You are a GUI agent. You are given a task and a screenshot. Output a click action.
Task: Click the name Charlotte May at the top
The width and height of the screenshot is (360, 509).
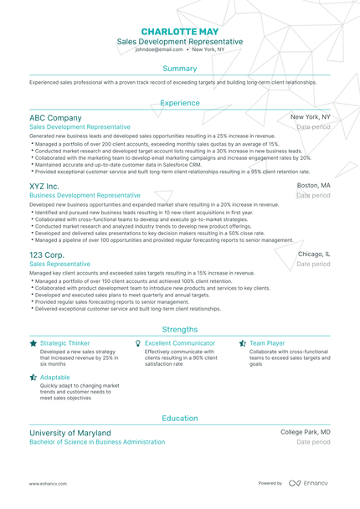(x=179, y=28)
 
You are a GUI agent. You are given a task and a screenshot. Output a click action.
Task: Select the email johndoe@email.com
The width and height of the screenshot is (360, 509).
(x=157, y=50)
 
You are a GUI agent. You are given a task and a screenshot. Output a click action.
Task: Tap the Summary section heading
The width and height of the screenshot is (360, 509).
(x=179, y=68)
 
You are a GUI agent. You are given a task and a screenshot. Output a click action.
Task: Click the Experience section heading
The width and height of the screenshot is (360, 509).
(x=179, y=102)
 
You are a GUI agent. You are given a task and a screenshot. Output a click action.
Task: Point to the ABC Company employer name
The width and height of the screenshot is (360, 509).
(x=55, y=118)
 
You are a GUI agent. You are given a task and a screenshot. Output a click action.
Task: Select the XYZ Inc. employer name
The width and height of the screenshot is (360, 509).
(x=44, y=185)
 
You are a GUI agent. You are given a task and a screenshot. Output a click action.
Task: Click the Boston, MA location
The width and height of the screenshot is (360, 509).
(x=313, y=185)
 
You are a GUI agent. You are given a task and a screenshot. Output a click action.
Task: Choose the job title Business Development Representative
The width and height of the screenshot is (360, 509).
(x=85, y=195)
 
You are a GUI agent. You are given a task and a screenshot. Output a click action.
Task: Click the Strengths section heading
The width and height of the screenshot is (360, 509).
(x=179, y=329)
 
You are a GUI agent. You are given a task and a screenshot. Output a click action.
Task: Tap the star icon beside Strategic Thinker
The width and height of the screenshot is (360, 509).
(x=33, y=343)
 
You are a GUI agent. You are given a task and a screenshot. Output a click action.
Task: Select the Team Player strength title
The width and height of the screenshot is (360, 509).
(x=268, y=343)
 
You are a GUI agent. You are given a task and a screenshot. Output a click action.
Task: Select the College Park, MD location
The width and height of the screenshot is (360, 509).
(x=305, y=432)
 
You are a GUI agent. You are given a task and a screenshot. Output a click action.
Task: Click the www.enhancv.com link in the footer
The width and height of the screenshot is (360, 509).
(x=49, y=484)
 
